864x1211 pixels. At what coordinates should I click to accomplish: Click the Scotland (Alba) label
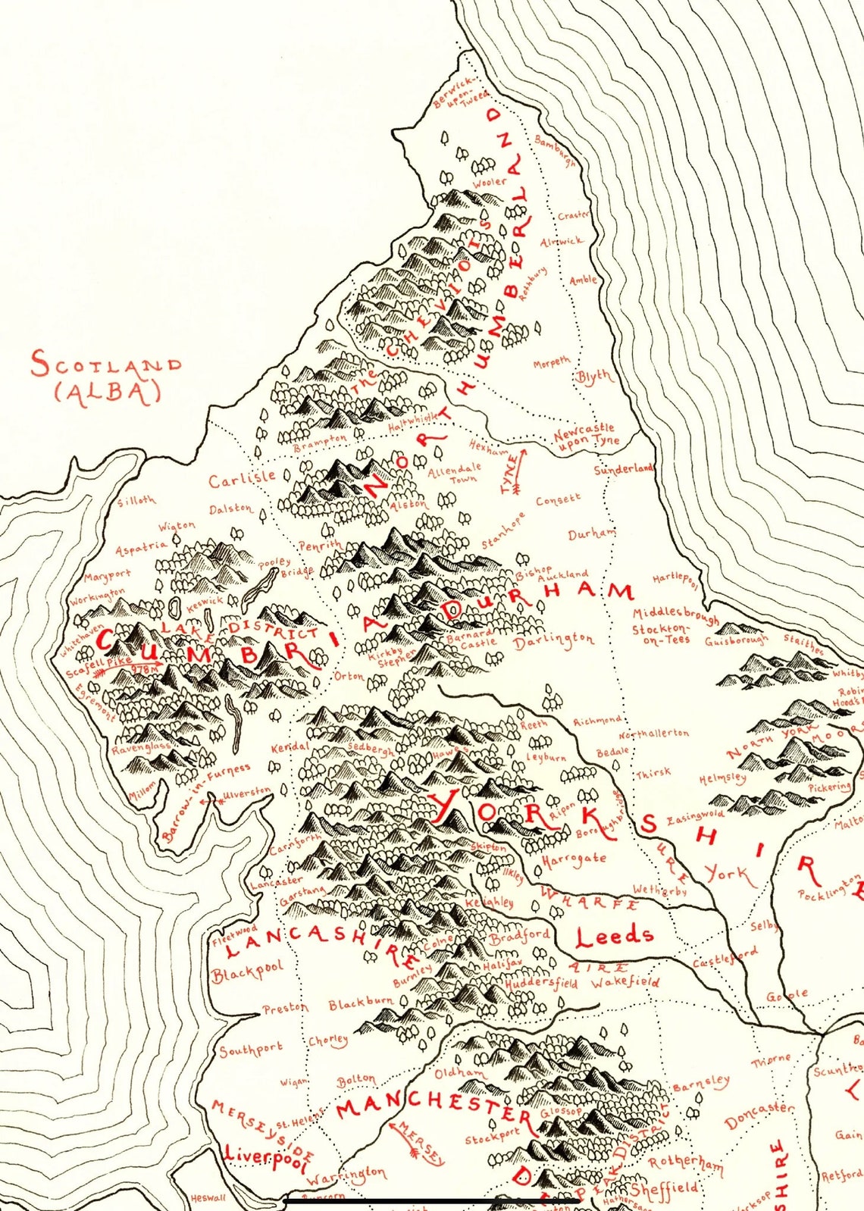pos(106,377)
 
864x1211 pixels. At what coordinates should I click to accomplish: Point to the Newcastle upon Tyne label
pos(585,437)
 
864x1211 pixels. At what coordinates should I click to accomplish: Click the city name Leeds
pos(614,937)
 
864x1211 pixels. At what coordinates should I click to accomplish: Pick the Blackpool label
pos(247,971)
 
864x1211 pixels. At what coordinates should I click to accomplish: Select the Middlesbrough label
pos(675,615)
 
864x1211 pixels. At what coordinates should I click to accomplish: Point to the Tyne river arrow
pos(515,472)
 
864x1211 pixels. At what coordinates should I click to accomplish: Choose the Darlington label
pos(553,642)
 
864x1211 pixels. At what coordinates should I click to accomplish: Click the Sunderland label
pos(623,470)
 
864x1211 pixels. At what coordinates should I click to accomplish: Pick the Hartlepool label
pos(675,580)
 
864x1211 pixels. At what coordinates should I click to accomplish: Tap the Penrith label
pos(320,546)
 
